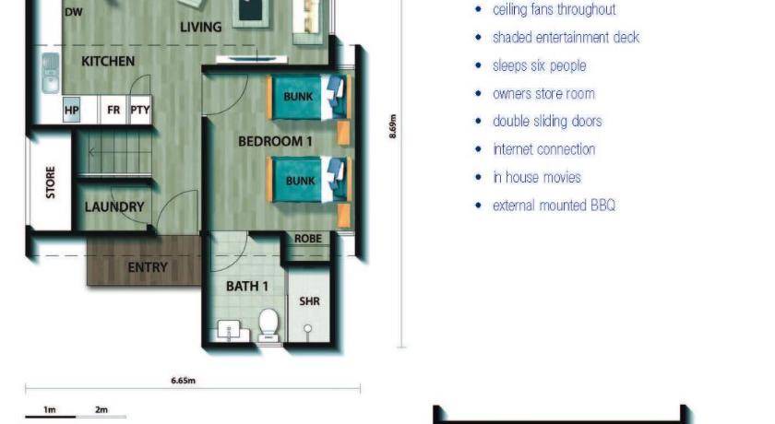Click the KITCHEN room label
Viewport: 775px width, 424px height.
pos(108,61)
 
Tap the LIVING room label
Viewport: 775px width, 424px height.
pos(201,27)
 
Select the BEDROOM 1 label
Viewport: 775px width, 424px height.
pos(275,142)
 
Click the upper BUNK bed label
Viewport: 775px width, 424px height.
pos(298,96)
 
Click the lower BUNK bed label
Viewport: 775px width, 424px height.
pos(300,181)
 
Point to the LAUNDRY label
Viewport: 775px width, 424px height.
pos(114,206)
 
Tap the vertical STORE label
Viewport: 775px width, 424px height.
pos(51,183)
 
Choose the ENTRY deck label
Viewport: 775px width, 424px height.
pos(148,267)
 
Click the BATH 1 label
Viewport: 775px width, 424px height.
pos(246,287)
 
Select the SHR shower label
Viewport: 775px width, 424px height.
pos(309,301)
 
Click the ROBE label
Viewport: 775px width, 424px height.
pos(308,239)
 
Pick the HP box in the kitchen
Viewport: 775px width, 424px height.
pos(72,110)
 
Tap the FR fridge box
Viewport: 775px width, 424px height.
pos(113,110)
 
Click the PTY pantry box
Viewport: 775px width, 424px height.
pos(140,110)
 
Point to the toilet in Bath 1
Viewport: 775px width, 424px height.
pos(268,325)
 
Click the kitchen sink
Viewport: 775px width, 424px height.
pos(50,73)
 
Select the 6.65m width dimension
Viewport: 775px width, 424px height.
pos(184,381)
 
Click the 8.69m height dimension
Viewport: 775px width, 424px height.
pos(393,126)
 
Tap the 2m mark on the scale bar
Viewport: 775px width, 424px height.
pos(101,409)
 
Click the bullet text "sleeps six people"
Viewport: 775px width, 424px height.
pos(539,65)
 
